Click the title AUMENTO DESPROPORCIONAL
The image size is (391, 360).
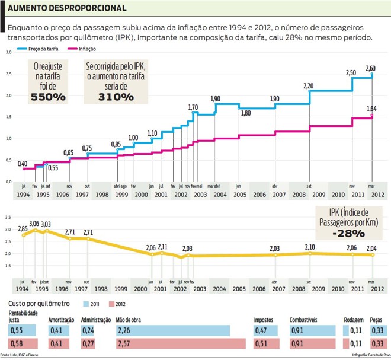point(67,8)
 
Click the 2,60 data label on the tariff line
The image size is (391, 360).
point(370,68)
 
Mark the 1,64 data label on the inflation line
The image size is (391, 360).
point(371,109)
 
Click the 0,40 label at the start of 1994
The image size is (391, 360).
point(23,163)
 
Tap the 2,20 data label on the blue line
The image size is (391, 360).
point(309,86)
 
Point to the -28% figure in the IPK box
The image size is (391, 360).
point(348,233)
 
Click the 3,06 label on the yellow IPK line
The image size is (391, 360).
point(34,223)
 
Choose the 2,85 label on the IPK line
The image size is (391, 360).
point(23,228)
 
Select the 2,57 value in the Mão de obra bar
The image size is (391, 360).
point(124,344)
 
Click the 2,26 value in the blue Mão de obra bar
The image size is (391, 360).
point(124,330)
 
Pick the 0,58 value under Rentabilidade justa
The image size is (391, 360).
point(17,344)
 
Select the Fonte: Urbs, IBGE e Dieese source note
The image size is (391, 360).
point(21,356)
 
